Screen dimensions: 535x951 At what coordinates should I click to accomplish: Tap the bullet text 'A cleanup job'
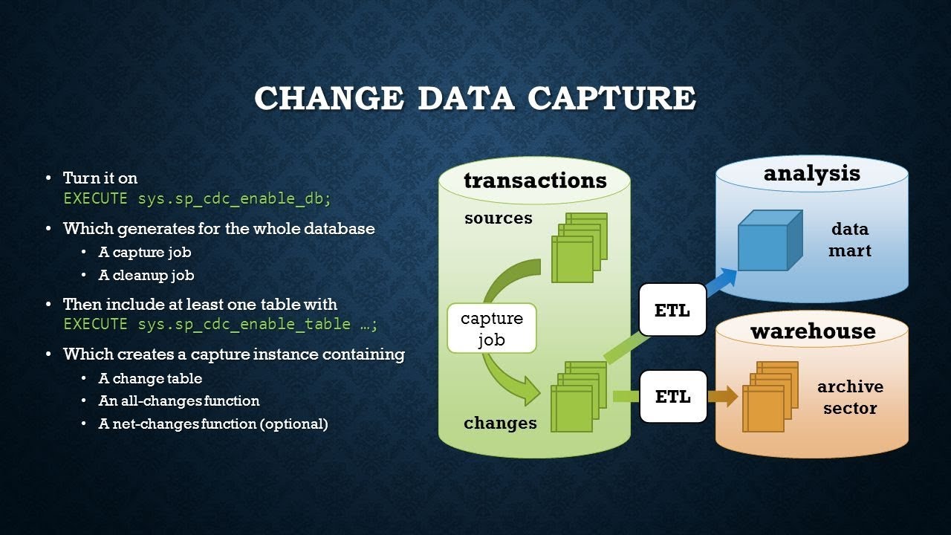click(x=146, y=275)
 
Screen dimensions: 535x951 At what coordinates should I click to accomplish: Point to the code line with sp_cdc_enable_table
click(x=221, y=324)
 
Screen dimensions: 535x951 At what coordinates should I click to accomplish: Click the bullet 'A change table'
click(x=150, y=378)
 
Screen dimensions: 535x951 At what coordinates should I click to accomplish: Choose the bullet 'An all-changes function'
click(x=179, y=401)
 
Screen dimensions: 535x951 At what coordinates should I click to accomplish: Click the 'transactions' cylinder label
click(x=535, y=180)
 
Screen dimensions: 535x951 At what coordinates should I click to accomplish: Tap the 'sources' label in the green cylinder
click(x=499, y=218)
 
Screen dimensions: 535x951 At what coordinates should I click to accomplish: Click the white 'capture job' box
click(x=491, y=328)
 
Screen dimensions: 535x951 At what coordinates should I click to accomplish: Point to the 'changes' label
click(x=500, y=423)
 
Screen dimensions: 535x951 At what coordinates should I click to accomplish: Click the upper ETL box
click(x=672, y=310)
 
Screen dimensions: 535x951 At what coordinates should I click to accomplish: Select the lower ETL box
click(x=672, y=396)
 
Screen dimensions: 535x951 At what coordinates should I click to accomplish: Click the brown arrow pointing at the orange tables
click(x=722, y=396)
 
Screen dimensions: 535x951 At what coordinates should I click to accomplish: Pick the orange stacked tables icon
click(x=770, y=397)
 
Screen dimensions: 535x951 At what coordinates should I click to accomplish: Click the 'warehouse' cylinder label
click(x=812, y=331)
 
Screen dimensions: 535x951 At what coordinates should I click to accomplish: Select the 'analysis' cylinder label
click(x=811, y=173)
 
